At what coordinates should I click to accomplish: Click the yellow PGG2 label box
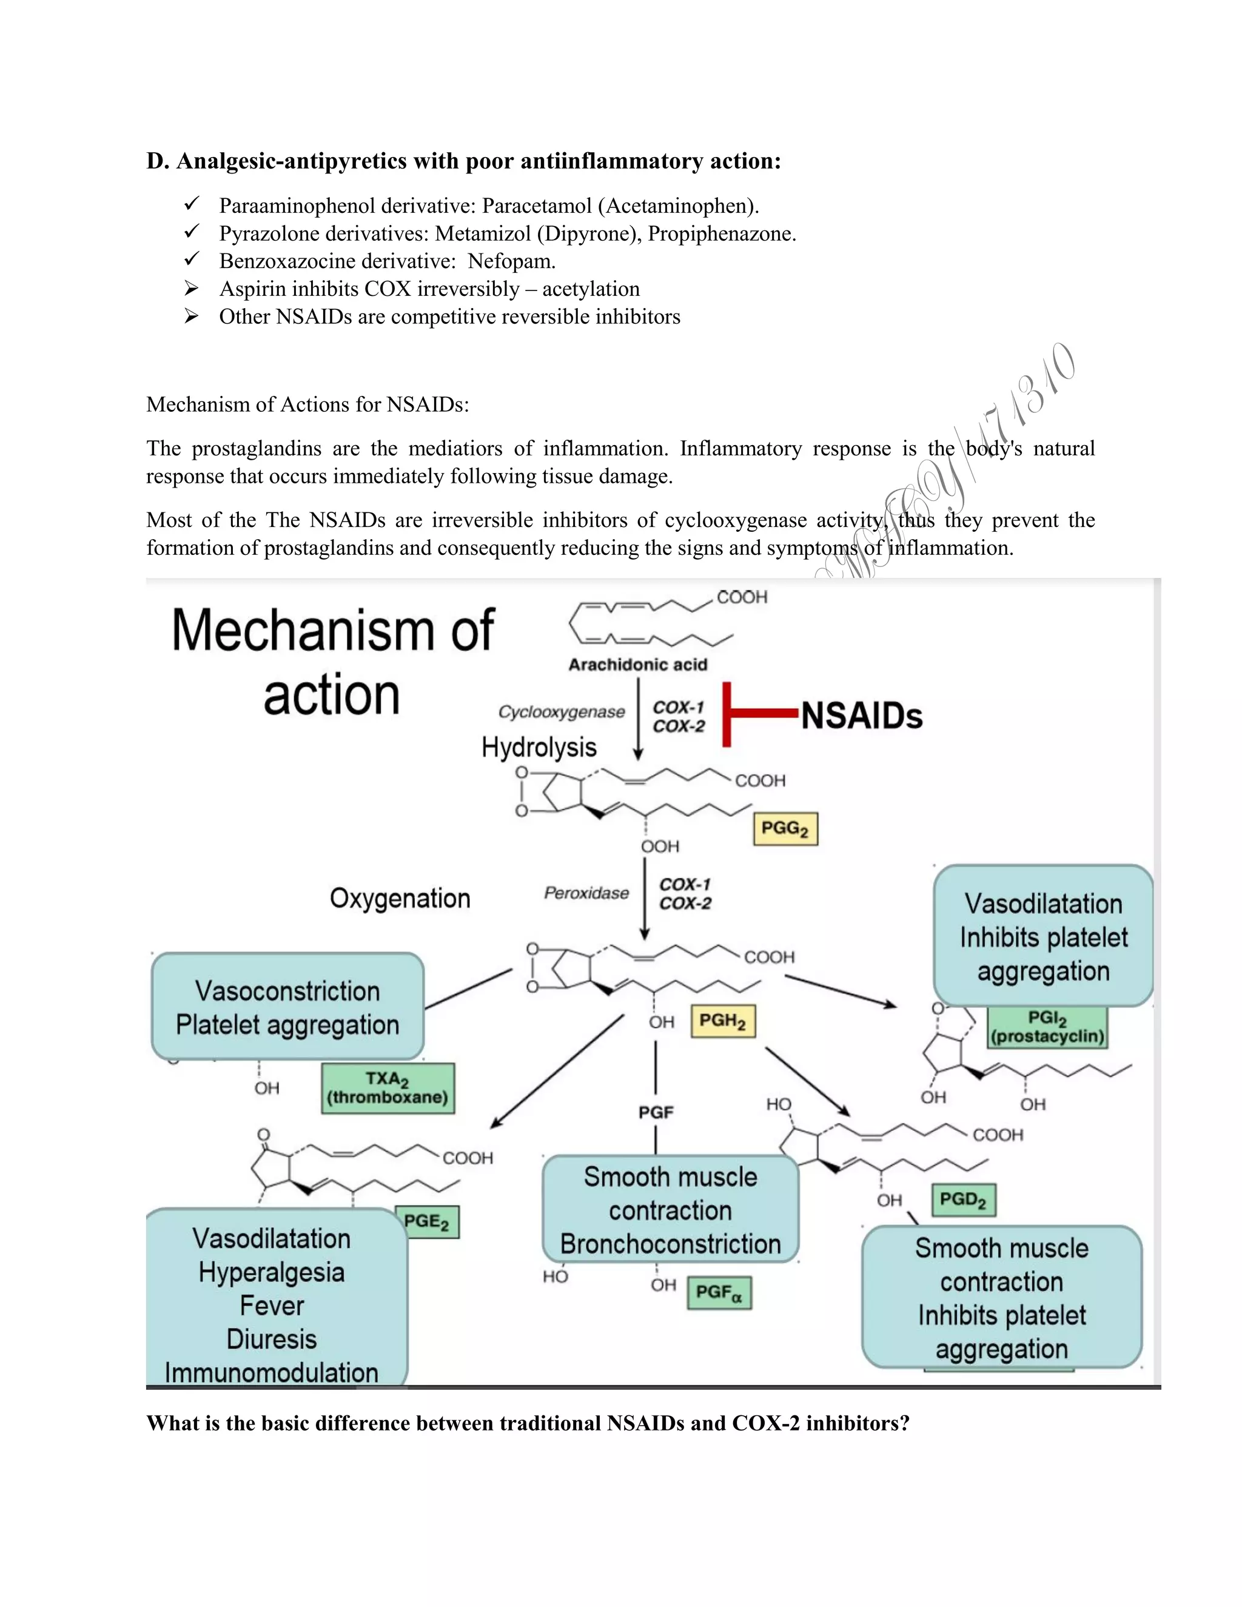click(785, 829)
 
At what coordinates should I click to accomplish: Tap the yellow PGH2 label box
click(722, 1021)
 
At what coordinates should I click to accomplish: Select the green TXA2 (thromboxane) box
click(388, 1089)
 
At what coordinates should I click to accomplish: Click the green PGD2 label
click(963, 1199)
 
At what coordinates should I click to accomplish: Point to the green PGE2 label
click(428, 1221)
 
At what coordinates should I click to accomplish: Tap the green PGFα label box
click(719, 1292)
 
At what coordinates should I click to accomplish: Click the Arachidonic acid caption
click(637, 665)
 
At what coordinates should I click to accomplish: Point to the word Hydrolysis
click(539, 747)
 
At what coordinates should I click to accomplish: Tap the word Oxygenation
click(400, 899)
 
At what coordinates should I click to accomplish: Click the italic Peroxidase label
click(586, 893)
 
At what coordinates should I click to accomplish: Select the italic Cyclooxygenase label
click(562, 711)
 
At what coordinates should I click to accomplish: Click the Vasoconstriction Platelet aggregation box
click(287, 1007)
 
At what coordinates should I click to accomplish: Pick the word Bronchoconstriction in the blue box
click(670, 1244)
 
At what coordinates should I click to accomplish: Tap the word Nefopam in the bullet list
click(511, 261)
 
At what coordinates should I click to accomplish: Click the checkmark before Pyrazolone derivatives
click(192, 232)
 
